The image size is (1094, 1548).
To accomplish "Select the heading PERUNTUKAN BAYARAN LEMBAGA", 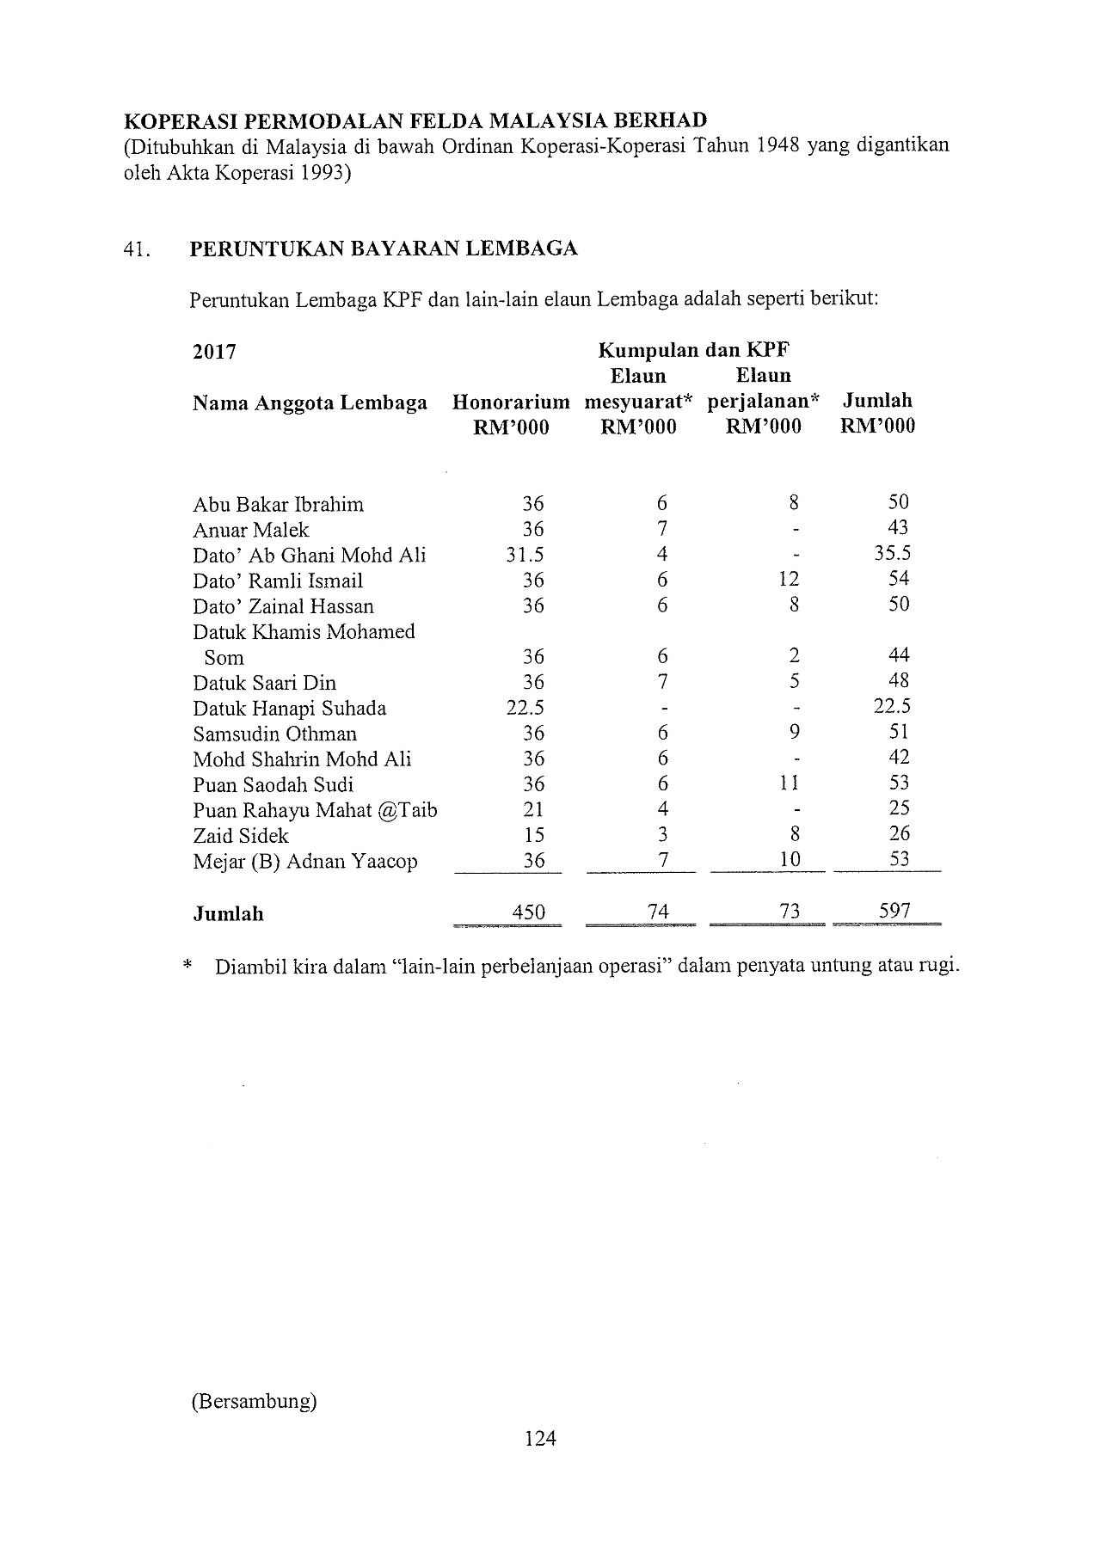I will pos(383,249).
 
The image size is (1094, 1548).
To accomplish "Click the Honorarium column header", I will pos(511,402).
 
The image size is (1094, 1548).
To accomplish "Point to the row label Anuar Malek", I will pos(250,530).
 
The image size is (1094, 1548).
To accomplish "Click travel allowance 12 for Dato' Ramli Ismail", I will pos(790,580).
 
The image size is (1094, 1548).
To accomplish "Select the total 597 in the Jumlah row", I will pos(894,911).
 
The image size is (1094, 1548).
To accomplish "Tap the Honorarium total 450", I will pos(529,912).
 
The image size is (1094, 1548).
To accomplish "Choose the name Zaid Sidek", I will pos(241,835).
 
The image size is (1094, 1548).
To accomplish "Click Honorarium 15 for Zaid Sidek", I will pos(533,834).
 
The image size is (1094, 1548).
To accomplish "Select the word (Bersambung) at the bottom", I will pos(255,1402).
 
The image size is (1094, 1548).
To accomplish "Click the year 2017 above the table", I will pos(214,352).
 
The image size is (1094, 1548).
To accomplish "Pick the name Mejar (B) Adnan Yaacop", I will pos(305,861).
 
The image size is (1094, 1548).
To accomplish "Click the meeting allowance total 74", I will pos(659,912).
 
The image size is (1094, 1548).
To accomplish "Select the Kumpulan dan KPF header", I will pos(695,350).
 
